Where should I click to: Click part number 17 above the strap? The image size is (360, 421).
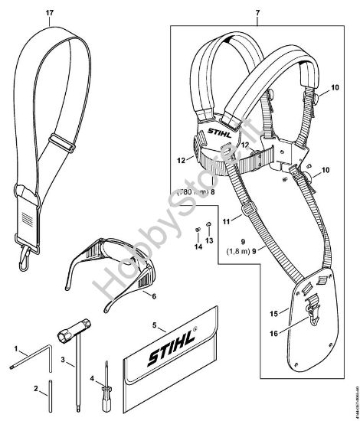[50, 12]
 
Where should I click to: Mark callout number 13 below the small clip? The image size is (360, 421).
[209, 240]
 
